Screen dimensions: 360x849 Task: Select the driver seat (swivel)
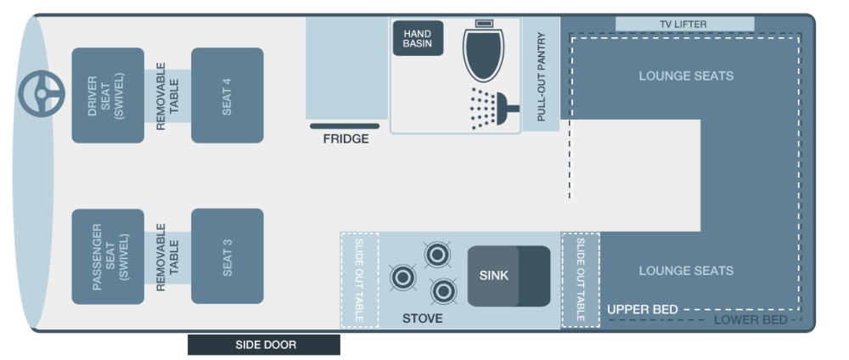107,95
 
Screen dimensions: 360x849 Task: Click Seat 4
227,95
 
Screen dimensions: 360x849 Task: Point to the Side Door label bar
264,345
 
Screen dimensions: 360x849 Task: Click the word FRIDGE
346,139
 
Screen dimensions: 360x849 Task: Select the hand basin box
418,38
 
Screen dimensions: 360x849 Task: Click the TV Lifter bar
683,24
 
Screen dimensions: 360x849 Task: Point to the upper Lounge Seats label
686,76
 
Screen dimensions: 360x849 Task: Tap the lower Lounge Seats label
686,271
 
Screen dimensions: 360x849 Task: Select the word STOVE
422,318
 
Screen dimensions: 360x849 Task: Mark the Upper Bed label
643,310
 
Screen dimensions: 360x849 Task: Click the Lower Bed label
750,320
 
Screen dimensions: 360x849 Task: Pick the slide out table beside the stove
359,279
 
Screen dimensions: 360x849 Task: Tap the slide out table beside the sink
581,279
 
